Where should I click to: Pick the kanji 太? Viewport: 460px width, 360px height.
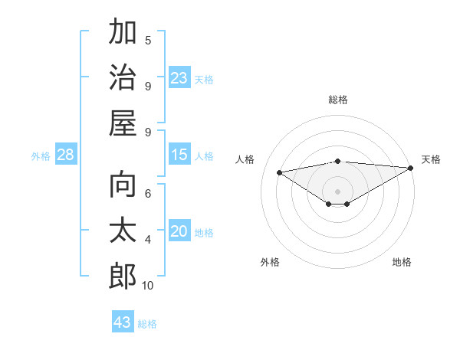[x=123, y=231]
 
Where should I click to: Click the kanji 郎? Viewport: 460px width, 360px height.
[x=123, y=275]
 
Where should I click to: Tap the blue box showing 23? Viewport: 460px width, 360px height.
[x=179, y=77]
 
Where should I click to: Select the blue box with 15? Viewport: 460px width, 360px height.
[x=179, y=155]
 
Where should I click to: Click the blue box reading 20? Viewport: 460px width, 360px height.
[x=179, y=231]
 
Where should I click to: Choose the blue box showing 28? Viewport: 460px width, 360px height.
[x=66, y=155]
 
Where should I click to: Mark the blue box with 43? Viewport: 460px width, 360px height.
[x=123, y=322]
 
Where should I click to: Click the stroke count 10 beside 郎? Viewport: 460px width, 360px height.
[x=148, y=286]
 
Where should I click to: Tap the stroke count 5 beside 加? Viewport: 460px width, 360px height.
[x=148, y=41]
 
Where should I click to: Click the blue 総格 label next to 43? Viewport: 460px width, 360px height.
[x=148, y=324]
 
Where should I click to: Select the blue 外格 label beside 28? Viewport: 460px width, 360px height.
[x=41, y=156]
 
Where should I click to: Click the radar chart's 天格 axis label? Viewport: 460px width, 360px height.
[x=431, y=159]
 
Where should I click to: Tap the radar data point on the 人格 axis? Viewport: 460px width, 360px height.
[x=280, y=172]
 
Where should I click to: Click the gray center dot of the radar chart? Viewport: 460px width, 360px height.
[x=337, y=190]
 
